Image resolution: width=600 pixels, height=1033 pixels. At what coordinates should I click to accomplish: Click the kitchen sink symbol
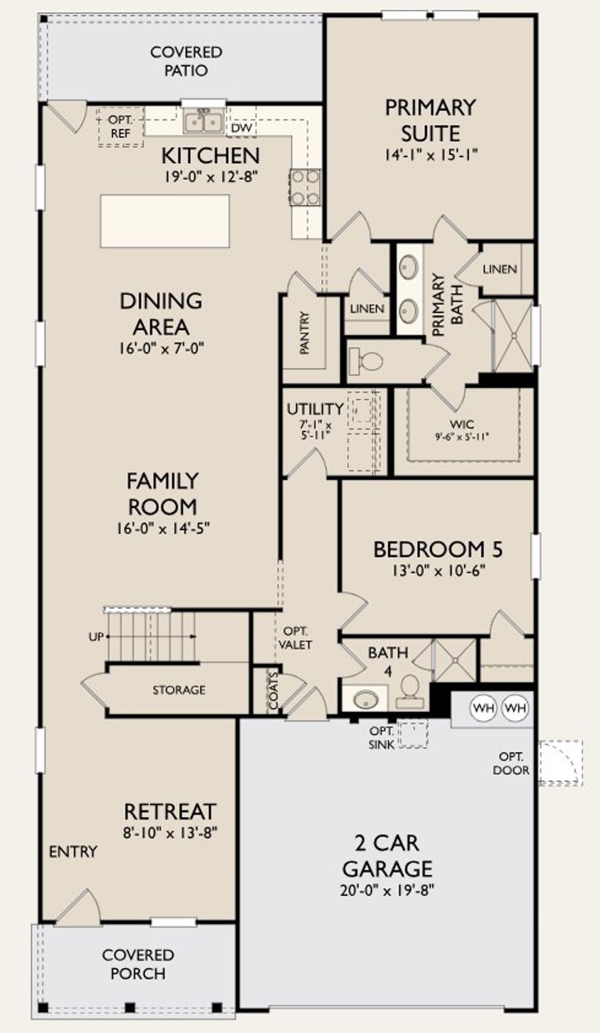[x=203, y=122]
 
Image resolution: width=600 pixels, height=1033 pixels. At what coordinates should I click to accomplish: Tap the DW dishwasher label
[x=241, y=128]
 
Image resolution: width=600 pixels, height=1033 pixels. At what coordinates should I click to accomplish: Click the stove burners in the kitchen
[x=306, y=187]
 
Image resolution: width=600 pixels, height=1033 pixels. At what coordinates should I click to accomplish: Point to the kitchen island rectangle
[x=165, y=221]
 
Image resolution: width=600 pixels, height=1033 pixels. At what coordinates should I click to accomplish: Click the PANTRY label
[x=304, y=332]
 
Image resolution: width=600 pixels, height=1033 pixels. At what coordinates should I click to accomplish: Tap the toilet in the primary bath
[x=366, y=361]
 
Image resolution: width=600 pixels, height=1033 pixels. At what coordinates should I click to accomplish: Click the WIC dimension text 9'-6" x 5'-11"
[x=462, y=436]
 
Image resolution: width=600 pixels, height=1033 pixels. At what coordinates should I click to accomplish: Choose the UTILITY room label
[x=315, y=409]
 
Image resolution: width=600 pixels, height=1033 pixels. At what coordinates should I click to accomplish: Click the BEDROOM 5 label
[x=438, y=549]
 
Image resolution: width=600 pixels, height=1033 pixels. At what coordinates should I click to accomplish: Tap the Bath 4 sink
[x=366, y=700]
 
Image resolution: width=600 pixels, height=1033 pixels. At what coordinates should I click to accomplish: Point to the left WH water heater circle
[x=483, y=708]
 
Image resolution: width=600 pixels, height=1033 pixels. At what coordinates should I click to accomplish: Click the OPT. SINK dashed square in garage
[x=413, y=735]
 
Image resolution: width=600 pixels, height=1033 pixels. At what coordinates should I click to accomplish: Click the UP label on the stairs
[x=96, y=637]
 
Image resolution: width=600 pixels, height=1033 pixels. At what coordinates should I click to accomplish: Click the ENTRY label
[x=73, y=851]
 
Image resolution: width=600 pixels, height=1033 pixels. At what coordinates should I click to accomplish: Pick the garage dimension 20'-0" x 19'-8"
[x=387, y=890]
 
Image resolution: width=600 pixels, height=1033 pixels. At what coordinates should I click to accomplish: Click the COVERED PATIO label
[x=186, y=61]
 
